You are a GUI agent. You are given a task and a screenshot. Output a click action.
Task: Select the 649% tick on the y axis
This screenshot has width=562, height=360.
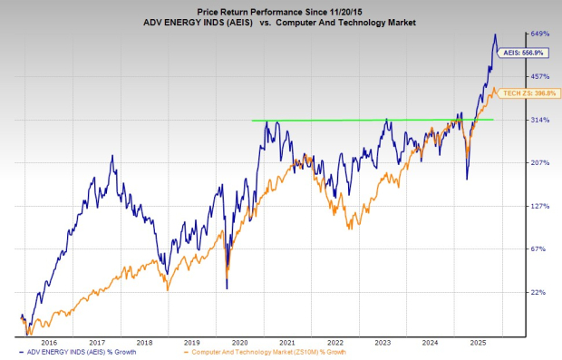[540, 34]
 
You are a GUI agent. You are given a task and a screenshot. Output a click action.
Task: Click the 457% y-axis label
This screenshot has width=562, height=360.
[540, 76]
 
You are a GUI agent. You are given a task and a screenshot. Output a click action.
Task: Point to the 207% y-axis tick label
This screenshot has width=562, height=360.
[540, 163]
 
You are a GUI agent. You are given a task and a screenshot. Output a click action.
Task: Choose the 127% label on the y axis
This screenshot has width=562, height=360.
[540, 207]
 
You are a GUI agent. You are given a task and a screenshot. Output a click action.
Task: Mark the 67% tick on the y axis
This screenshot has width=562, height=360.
[540, 249]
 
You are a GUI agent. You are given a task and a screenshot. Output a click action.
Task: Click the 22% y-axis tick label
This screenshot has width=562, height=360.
[540, 293]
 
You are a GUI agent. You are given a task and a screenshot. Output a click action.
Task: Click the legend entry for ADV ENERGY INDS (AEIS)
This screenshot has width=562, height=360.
[76, 351]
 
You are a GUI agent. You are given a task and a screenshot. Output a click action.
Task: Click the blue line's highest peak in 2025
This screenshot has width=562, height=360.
[495, 34]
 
